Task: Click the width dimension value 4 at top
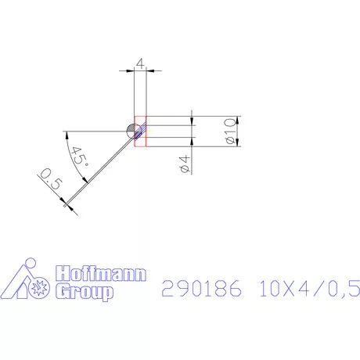coord(140,63)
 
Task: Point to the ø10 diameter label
coord(229,131)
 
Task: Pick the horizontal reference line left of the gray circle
coord(94,130)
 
